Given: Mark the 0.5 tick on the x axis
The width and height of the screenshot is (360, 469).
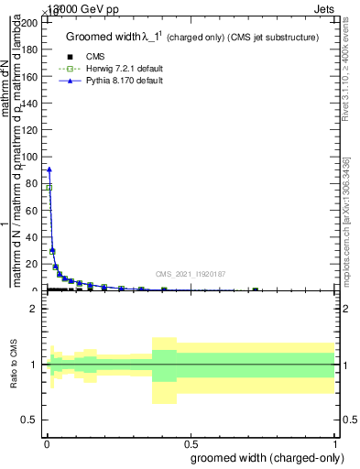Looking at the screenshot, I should click(190, 438).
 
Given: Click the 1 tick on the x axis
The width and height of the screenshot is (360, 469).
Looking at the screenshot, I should click(335, 438).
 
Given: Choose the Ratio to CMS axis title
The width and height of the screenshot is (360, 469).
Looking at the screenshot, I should click(14, 364).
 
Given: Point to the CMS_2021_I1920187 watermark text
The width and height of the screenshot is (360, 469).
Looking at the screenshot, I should click(191, 274).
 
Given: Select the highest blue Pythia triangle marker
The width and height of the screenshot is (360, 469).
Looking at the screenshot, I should click(49, 169).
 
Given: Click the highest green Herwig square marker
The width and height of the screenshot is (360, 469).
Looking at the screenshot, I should click(49, 187).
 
